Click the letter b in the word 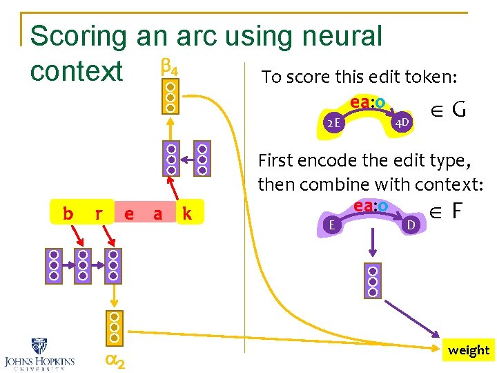point(68,214)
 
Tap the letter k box point(186,214)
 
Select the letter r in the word point(99,214)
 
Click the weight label point(468,350)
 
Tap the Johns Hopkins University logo point(39,353)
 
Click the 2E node point(333,124)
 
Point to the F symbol point(456,211)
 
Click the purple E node point(333,224)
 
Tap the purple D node point(410,224)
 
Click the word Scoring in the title point(78,37)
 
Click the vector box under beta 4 point(170,98)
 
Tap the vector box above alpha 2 point(115,327)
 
